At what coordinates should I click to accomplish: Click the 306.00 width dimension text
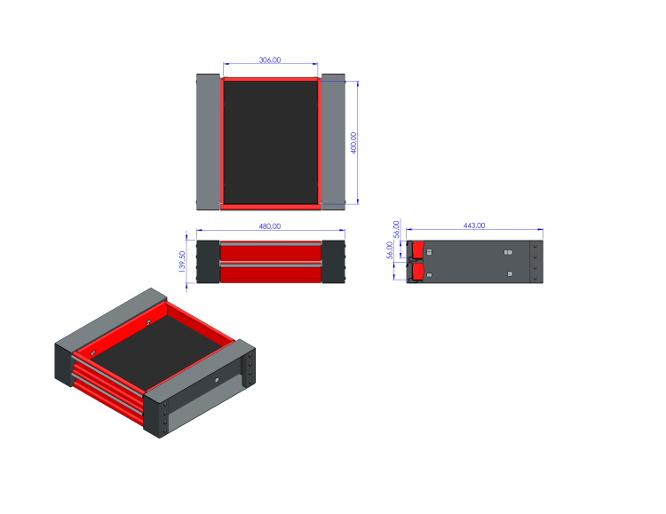(270, 60)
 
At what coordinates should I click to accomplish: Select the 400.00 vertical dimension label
(353, 143)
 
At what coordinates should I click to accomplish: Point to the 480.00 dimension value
(270, 226)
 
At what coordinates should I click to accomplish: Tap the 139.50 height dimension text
(183, 261)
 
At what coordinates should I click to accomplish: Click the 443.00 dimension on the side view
(475, 225)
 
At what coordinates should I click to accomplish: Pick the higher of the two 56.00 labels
(396, 229)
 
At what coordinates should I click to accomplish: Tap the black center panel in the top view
(270, 140)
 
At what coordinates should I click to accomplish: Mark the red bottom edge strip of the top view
(270, 206)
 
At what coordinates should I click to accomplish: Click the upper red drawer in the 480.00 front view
(270, 252)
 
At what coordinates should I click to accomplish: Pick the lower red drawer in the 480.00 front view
(270, 274)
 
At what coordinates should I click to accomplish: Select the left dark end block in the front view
(208, 262)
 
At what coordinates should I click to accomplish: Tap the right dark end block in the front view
(333, 262)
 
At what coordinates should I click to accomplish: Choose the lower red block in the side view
(417, 271)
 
